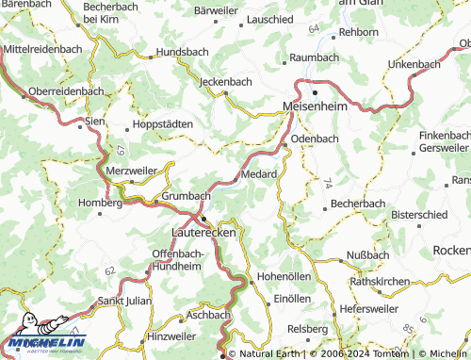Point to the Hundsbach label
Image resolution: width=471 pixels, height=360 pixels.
(186, 53)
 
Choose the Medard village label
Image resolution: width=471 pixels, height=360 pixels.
(259, 174)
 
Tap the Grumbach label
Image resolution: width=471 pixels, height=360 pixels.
(186, 195)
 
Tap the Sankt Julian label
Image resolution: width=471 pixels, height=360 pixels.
(130, 301)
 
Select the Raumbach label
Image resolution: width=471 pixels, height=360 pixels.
(315, 57)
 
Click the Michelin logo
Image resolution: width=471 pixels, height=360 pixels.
(44, 343)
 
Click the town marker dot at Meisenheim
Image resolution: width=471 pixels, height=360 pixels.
(315, 94)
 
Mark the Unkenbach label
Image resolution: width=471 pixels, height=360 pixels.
(414, 63)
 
